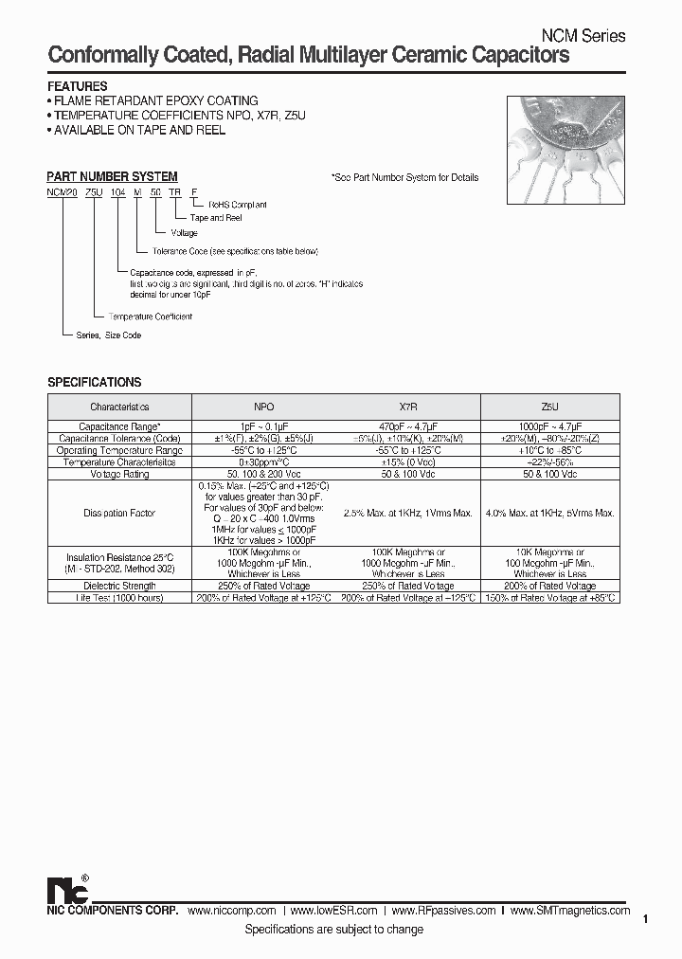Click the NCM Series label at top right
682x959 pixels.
(583, 36)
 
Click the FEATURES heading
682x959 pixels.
(78, 86)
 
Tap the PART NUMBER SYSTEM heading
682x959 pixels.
(112, 176)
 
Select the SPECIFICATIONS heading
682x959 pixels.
(95, 382)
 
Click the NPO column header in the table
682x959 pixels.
(263, 406)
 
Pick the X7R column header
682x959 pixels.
(408, 406)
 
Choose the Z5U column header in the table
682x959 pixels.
(549, 406)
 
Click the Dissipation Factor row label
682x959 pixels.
(119, 513)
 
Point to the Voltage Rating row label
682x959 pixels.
(119, 474)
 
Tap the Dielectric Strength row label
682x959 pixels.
(119, 586)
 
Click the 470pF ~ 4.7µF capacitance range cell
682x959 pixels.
(408, 427)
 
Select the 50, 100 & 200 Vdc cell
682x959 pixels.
(263, 474)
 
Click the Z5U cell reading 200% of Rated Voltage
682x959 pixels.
(549, 586)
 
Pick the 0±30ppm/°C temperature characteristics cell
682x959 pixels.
(263, 462)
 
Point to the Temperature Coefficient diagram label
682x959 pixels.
(151, 316)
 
